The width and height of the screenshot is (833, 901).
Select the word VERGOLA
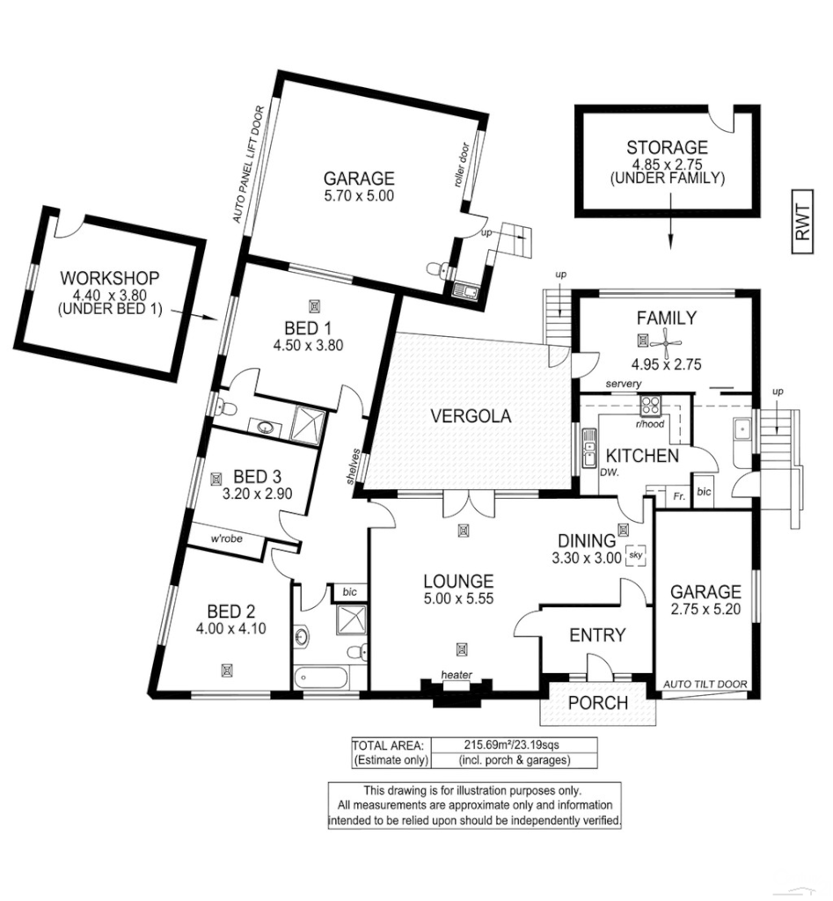(x=471, y=416)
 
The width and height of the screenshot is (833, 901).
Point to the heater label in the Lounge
(x=458, y=676)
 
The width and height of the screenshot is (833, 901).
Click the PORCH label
(x=598, y=703)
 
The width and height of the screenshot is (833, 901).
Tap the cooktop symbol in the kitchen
(x=652, y=406)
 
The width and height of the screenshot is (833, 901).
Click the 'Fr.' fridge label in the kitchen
(x=679, y=495)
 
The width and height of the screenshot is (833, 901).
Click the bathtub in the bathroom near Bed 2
(x=321, y=678)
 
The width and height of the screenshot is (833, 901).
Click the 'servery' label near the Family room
(x=623, y=385)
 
